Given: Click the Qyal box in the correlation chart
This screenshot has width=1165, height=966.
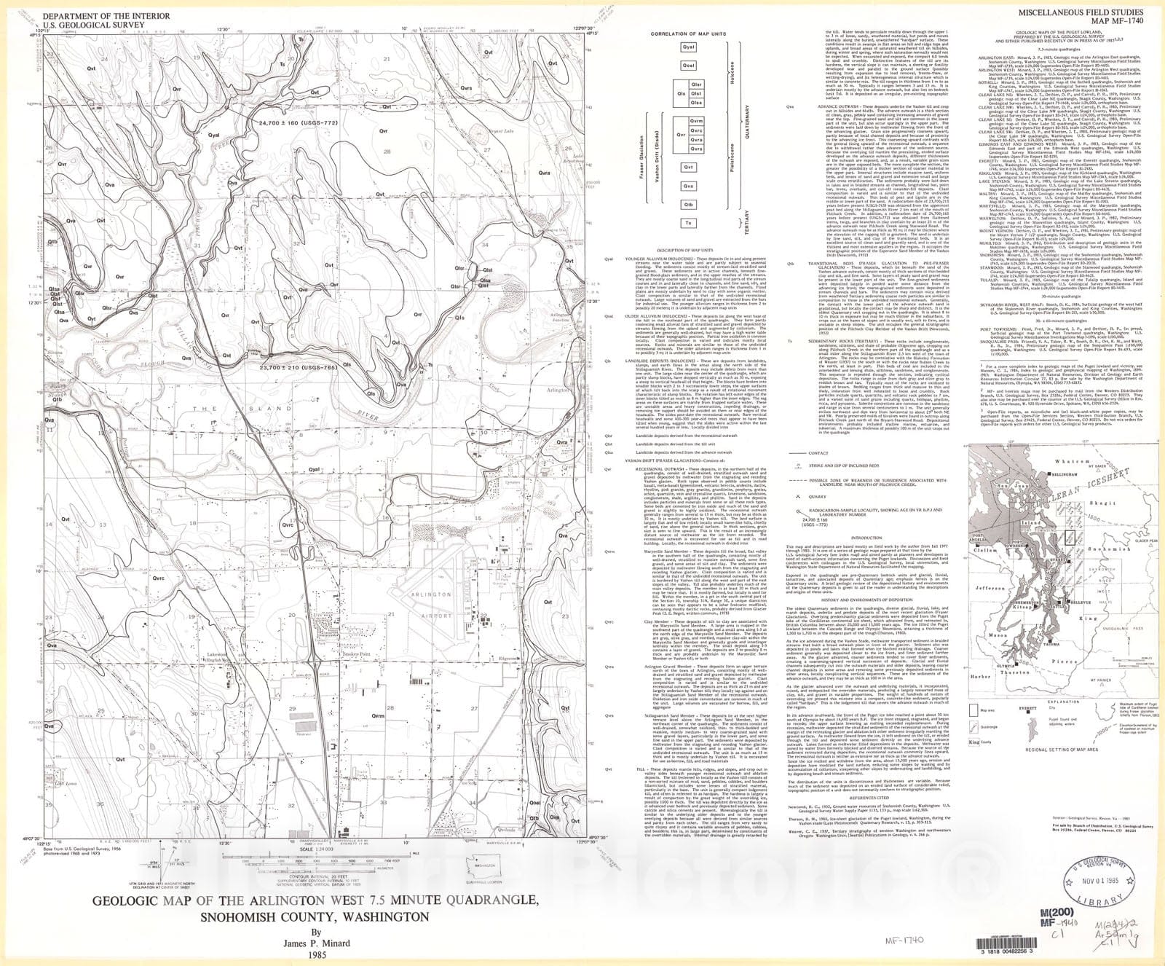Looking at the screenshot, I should (688, 47).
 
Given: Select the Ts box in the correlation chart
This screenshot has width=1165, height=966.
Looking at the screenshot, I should (688, 223).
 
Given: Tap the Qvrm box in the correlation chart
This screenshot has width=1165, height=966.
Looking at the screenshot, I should (697, 121).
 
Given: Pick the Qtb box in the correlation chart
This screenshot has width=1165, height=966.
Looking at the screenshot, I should (688, 205).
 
